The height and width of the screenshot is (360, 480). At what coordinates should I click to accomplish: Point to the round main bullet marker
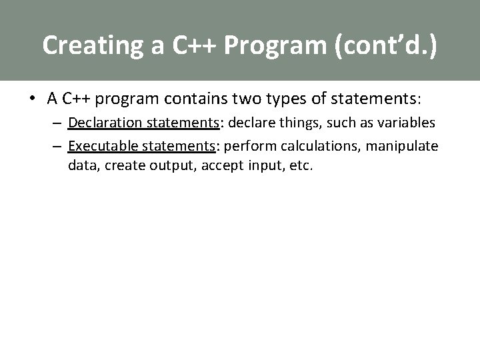pos(32,99)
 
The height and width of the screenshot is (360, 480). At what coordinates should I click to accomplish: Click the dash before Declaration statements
pos(58,123)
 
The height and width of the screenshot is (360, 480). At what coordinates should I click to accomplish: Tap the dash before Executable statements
pos(58,146)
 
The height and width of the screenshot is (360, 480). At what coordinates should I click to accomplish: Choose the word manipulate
pos(404,146)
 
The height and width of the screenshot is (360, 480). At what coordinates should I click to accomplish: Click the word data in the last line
pos(81,165)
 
